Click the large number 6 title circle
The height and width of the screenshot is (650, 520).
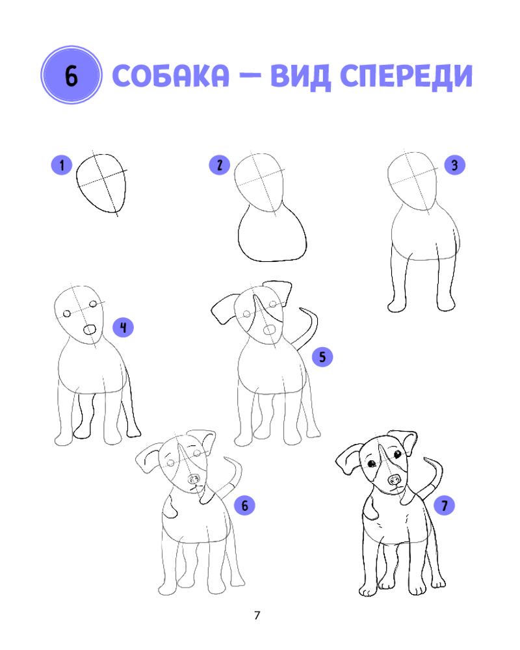71,75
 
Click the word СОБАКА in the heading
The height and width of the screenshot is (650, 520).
170,76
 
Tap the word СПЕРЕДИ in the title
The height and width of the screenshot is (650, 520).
406,77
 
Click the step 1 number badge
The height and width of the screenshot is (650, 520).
62,165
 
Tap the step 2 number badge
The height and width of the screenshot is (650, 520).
219,165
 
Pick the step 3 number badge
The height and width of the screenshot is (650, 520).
454,165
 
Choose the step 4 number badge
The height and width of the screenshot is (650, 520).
123,328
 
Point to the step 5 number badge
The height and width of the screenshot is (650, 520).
322,356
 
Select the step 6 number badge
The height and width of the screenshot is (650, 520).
244,505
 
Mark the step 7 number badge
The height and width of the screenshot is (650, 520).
445,505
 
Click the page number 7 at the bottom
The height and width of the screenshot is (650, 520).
257,615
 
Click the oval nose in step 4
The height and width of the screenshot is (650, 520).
89,330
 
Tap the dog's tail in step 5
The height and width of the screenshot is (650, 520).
312,328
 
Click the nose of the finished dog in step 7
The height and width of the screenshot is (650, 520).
395,480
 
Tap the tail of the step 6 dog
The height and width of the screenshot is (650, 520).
237,476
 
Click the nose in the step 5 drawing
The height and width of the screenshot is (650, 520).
270,330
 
